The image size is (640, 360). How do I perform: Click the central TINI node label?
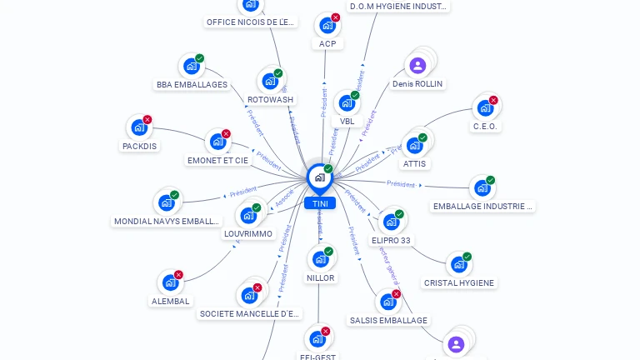pyautogui.click(x=320, y=203)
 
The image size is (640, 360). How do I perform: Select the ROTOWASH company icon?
pyautogui.click(x=269, y=81)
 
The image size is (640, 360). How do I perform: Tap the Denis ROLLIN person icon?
pyautogui.click(x=417, y=65)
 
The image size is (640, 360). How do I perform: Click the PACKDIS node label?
pyautogui.click(x=139, y=146)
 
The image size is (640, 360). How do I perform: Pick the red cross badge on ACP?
pyautogui.click(x=336, y=17)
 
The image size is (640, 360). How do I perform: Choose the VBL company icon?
pyautogui.click(x=346, y=103)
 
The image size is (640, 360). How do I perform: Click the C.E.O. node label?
pyautogui.click(x=485, y=127)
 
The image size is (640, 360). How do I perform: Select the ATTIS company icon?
pyautogui.click(x=414, y=145)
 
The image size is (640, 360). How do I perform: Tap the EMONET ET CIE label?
pyautogui.click(x=218, y=160)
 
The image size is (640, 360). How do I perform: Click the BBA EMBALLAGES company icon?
pyautogui.click(x=191, y=66)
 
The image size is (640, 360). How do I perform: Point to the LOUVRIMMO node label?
pyautogui.click(x=248, y=234)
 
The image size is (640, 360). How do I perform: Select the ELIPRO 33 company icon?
pyautogui.click(x=389, y=222)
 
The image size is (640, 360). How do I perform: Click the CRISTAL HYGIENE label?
pyautogui.click(x=459, y=282)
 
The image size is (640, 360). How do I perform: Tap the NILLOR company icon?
pyautogui.click(x=319, y=259)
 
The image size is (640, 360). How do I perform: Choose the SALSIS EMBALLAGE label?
pyautogui.click(x=388, y=320)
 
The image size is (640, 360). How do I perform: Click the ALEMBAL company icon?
pyautogui.click(x=170, y=282)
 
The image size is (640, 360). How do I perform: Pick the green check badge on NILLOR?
pyautogui.click(x=328, y=252)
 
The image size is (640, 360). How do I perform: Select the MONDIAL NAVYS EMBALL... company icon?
pyautogui.click(x=166, y=202)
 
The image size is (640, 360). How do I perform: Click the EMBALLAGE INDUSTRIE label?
pyautogui.click(x=483, y=206)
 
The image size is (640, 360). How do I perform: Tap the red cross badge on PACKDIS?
pyautogui.click(x=147, y=120)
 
